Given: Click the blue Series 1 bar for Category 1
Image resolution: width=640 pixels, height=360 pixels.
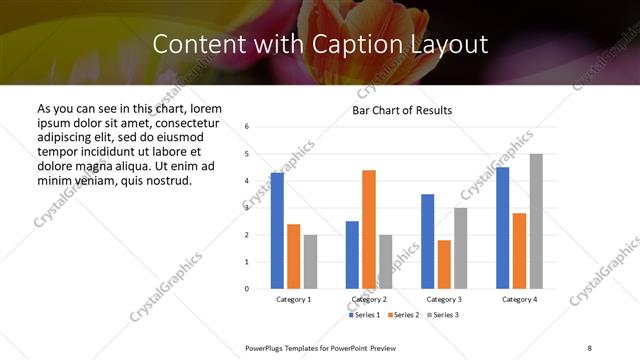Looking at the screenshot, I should point(277,230).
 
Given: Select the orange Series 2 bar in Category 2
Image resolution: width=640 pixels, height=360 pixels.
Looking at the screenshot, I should point(369,229).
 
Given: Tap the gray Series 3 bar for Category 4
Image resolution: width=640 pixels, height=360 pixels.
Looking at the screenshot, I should point(536,221).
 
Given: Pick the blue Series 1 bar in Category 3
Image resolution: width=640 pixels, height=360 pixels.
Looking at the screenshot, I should point(428,241).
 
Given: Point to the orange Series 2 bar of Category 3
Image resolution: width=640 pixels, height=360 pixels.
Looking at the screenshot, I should point(444,264).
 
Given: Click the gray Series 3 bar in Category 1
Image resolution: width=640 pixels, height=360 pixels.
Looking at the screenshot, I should point(310,261).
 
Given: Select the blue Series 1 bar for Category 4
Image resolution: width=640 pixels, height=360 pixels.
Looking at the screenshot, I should point(502,227).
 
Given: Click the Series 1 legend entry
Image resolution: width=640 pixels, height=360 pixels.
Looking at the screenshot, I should point(364,315).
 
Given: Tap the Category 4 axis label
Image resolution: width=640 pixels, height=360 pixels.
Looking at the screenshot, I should point(519,299).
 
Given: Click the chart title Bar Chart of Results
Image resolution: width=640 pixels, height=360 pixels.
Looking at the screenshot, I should point(402,110).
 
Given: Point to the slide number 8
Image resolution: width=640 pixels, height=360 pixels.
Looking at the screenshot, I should point(589,346).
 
